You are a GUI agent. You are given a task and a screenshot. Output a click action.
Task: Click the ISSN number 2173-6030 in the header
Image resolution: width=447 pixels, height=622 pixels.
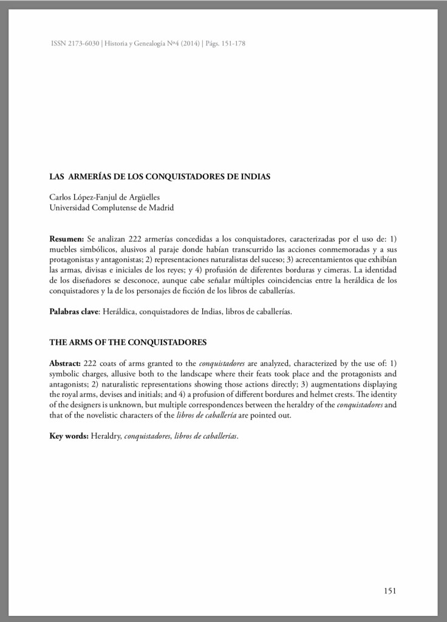pos(81,44)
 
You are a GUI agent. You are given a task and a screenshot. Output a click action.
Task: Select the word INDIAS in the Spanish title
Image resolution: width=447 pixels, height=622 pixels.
pos(254,177)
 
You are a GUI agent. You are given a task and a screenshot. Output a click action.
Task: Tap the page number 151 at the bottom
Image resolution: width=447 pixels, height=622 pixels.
pos(389,590)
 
